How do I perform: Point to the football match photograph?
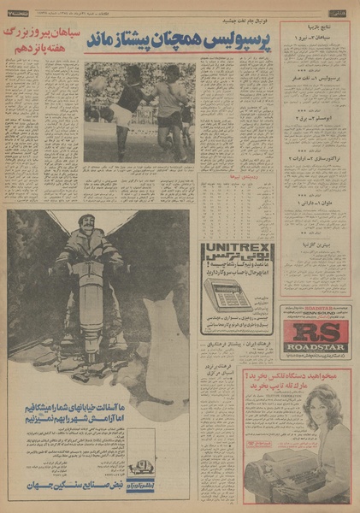click(139, 111)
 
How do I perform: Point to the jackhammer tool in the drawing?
click(94, 299)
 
